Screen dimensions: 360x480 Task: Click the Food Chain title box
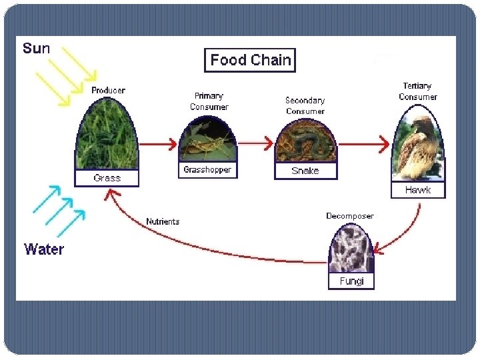click(250, 60)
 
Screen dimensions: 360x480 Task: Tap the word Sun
click(36, 49)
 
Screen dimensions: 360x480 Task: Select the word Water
click(44, 249)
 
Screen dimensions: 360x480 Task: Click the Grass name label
click(107, 178)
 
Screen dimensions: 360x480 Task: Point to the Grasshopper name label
click(207, 170)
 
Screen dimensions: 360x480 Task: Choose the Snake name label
click(305, 171)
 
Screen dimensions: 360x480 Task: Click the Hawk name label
click(417, 190)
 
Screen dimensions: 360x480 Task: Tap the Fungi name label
click(351, 281)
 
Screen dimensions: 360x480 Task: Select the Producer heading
click(108, 90)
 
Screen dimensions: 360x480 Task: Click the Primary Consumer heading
click(209, 101)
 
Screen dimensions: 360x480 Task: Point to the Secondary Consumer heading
click(305, 105)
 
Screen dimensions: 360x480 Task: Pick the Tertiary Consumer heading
click(417, 91)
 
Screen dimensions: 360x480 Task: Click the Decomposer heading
click(350, 216)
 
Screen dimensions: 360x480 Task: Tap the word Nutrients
click(163, 221)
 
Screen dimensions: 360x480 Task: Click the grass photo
click(107, 137)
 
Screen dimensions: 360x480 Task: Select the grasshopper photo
click(207, 141)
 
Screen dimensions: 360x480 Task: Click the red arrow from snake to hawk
click(364, 143)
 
